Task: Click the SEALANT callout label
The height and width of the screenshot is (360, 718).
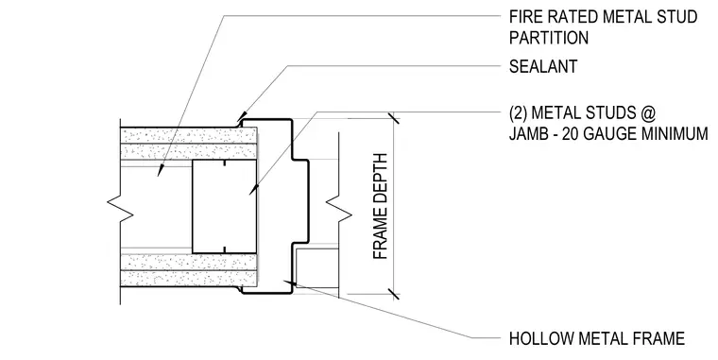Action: pos(543,67)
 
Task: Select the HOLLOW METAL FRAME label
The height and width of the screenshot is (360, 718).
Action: pos(597,339)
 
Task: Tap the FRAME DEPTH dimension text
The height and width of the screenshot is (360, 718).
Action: pos(381,207)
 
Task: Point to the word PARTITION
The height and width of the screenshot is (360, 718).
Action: pos(549,38)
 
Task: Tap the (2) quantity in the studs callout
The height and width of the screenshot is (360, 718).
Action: pos(518,112)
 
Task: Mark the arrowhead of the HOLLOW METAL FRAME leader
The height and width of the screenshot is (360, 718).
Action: pos(289,283)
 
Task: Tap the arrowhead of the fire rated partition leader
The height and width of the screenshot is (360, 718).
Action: pos(161,170)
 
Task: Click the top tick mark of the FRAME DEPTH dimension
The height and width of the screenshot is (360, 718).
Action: pos(393,119)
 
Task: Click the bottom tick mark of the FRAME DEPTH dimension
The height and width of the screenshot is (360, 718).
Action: pos(393,294)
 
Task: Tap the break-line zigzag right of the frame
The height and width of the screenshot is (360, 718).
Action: pos(338,209)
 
